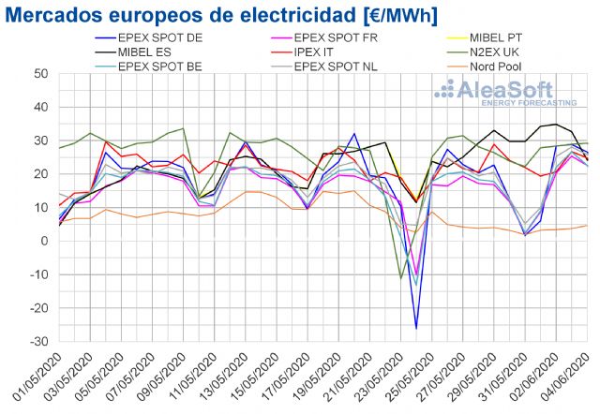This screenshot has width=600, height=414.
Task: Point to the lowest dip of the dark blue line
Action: click(416, 328)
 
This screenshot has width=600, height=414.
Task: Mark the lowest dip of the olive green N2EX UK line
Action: click(401, 278)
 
